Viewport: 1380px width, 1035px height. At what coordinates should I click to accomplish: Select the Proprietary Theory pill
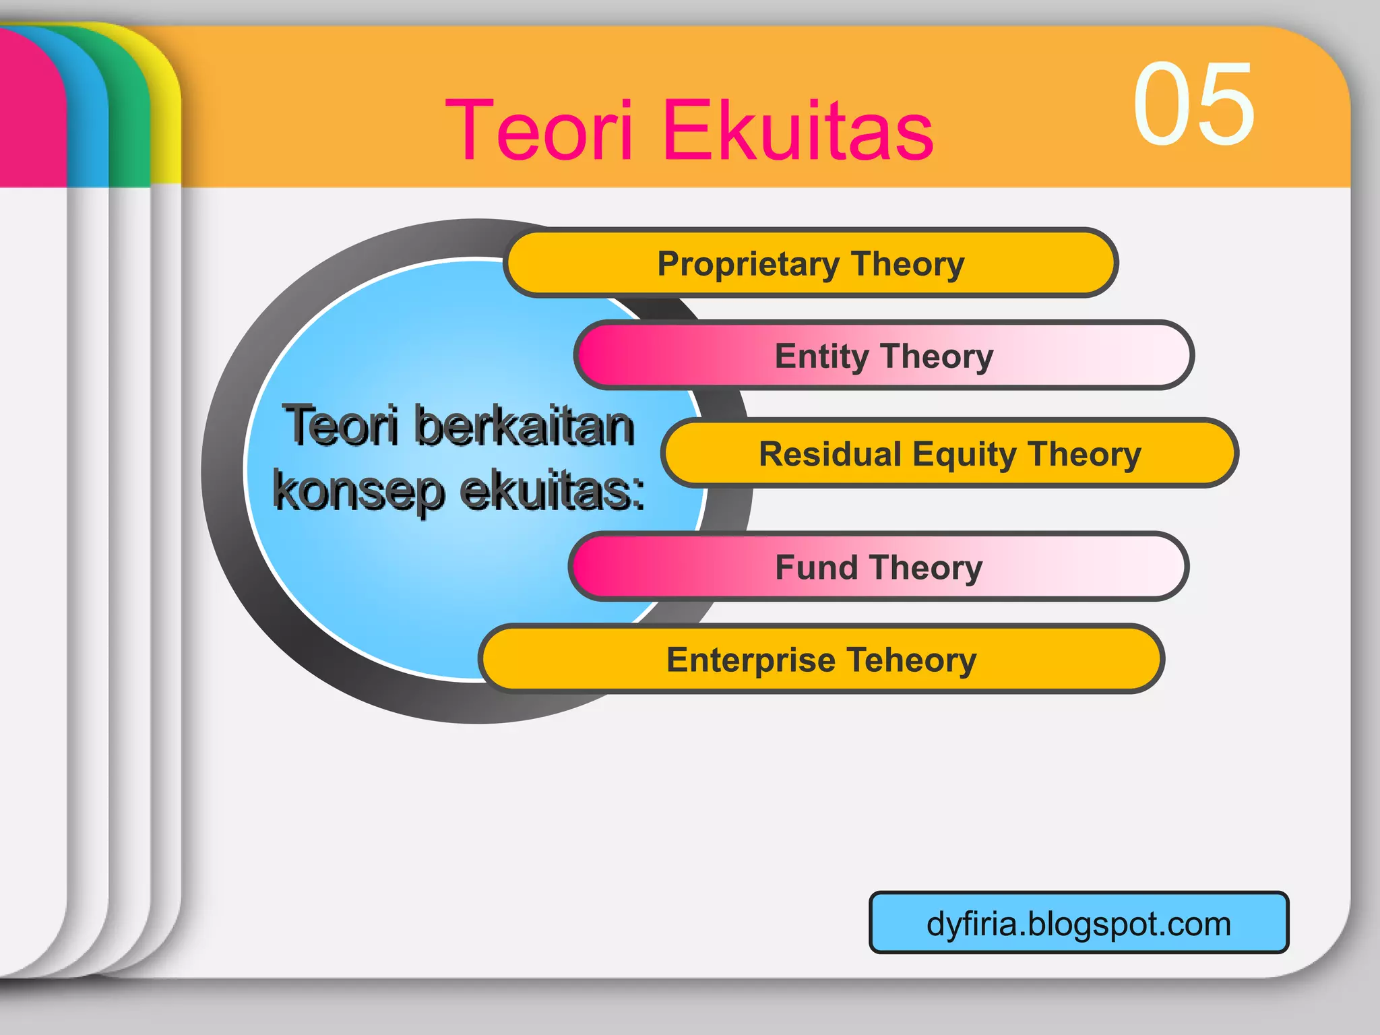pyautogui.click(x=811, y=263)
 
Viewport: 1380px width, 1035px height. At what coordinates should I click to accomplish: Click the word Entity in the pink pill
pyautogui.click(x=821, y=356)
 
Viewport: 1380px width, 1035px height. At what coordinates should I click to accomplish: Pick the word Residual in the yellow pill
pyautogui.click(x=830, y=453)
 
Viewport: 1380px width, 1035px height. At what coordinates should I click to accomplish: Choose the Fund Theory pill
pyautogui.click(x=878, y=567)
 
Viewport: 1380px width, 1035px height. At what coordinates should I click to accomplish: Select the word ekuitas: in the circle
pyautogui.click(x=553, y=491)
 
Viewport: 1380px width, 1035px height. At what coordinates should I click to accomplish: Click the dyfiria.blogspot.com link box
pyautogui.click(x=1078, y=922)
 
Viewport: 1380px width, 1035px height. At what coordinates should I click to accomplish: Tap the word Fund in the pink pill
pyautogui.click(x=815, y=567)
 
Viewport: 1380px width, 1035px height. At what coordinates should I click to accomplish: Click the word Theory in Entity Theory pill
pyautogui.click(x=937, y=356)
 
